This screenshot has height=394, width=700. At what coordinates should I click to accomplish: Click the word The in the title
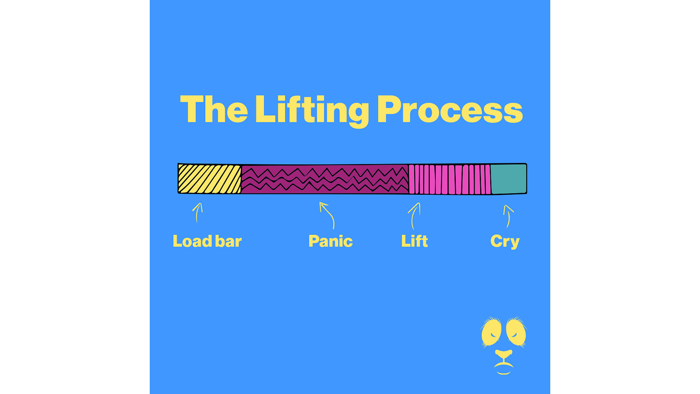point(214,109)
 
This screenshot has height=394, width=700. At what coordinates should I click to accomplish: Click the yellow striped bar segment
point(210,178)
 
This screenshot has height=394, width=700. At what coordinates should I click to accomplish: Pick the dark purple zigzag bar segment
point(325,179)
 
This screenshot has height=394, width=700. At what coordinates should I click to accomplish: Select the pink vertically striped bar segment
point(450,179)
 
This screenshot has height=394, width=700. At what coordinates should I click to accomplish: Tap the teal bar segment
point(509,179)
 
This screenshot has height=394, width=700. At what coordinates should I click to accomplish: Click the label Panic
point(330,241)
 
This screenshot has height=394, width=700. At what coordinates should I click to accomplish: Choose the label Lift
point(414,241)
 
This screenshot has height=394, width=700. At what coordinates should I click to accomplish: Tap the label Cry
point(505,242)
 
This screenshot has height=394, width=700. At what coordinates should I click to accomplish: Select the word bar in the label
point(228,241)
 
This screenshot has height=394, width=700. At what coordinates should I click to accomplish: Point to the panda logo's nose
point(504,354)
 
